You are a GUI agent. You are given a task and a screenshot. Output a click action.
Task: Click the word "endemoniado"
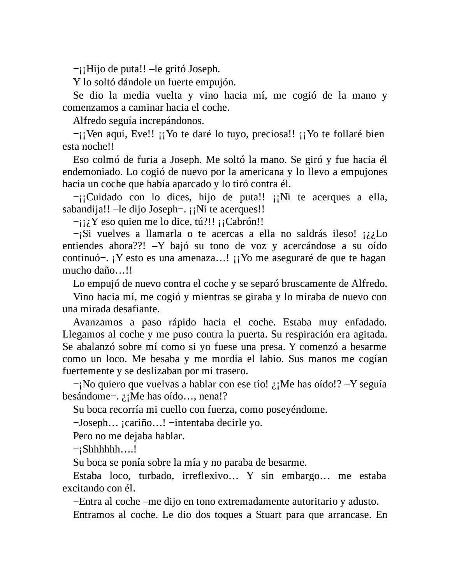click(90, 172)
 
